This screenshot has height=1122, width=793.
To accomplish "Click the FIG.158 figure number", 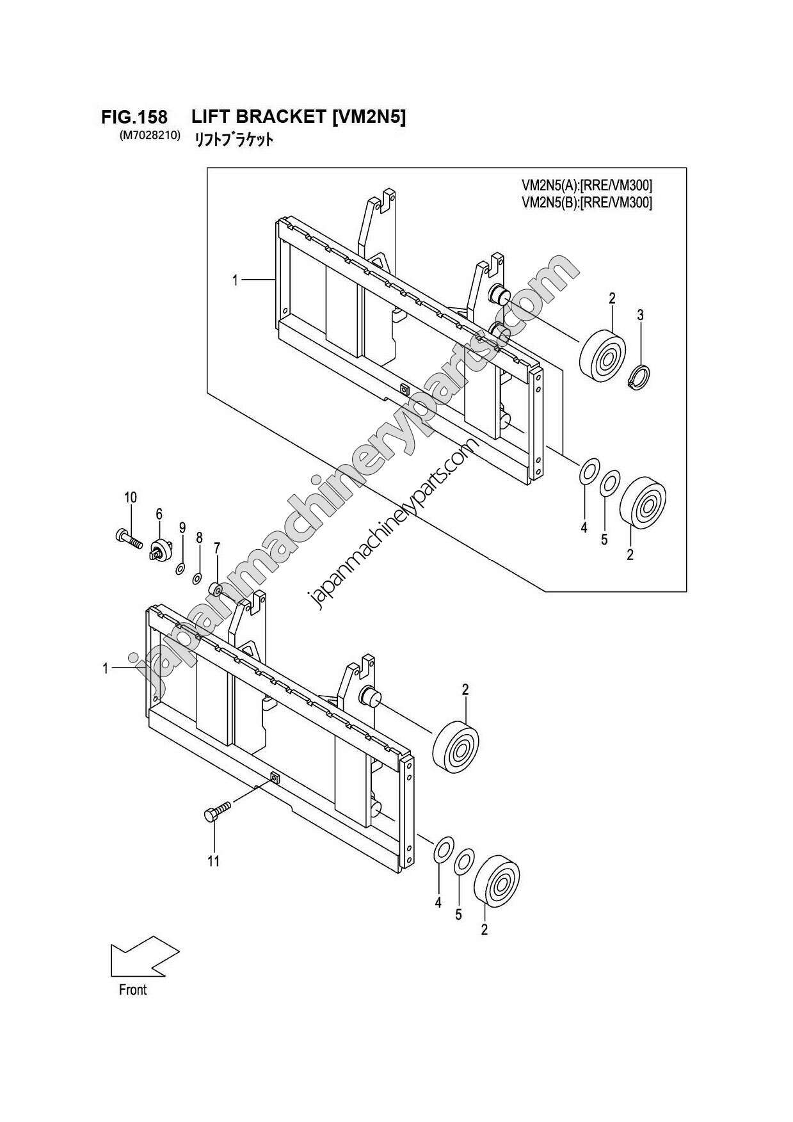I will pyautogui.click(x=134, y=118).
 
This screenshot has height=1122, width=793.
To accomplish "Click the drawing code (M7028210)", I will pyautogui.click(x=149, y=136).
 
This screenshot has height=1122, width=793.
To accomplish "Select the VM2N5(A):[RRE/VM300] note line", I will pyautogui.click(x=587, y=186).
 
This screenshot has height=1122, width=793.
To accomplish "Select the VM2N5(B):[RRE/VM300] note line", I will pyautogui.click(x=587, y=204).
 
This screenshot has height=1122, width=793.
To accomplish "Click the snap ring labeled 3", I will pyautogui.click(x=639, y=377).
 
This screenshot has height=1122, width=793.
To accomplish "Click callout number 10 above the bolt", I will pyautogui.click(x=131, y=497).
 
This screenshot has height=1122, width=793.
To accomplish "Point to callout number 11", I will pyautogui.click(x=213, y=861).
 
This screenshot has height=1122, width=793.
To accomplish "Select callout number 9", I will pyautogui.click(x=182, y=528).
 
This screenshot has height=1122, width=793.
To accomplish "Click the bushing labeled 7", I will pyautogui.click(x=216, y=588).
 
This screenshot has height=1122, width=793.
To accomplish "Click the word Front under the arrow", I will pyautogui.click(x=132, y=990).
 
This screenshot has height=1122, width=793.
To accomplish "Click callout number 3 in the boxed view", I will pyautogui.click(x=640, y=315).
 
